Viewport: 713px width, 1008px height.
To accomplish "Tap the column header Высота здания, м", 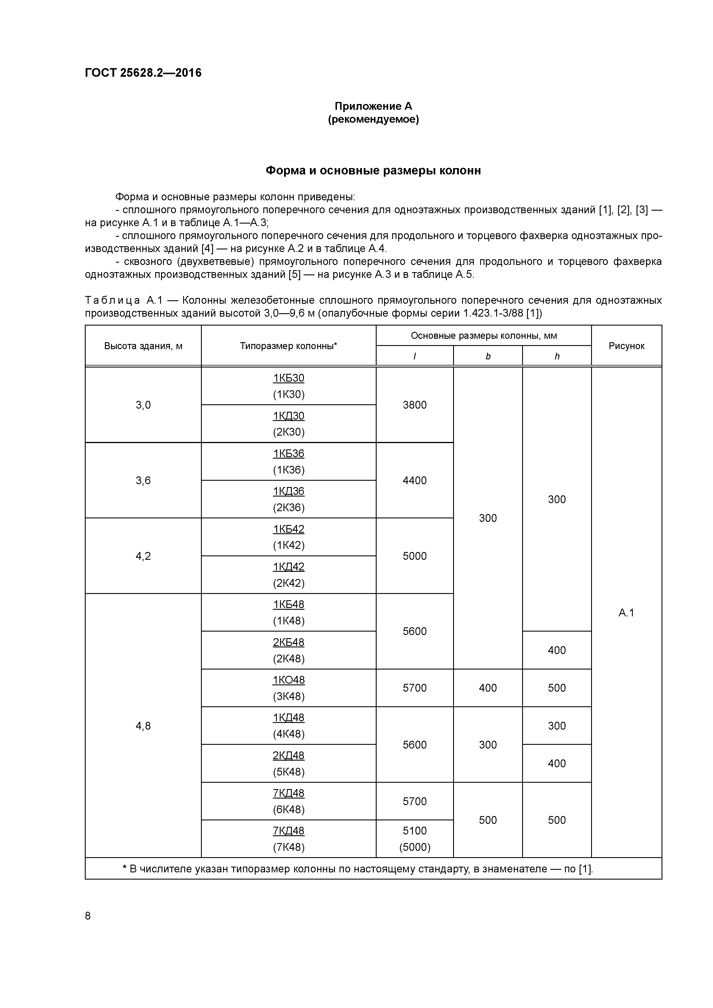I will click(x=143, y=346).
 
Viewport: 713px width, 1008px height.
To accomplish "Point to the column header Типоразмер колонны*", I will click(x=288, y=346).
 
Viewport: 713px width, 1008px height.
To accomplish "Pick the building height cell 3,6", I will click(x=143, y=480).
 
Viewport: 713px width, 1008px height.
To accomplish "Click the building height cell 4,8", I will click(x=143, y=726).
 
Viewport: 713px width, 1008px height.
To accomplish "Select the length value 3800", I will click(x=414, y=405).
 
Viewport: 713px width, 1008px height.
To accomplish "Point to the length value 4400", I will click(x=414, y=480).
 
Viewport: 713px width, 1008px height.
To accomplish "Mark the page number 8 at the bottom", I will click(x=88, y=915).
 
